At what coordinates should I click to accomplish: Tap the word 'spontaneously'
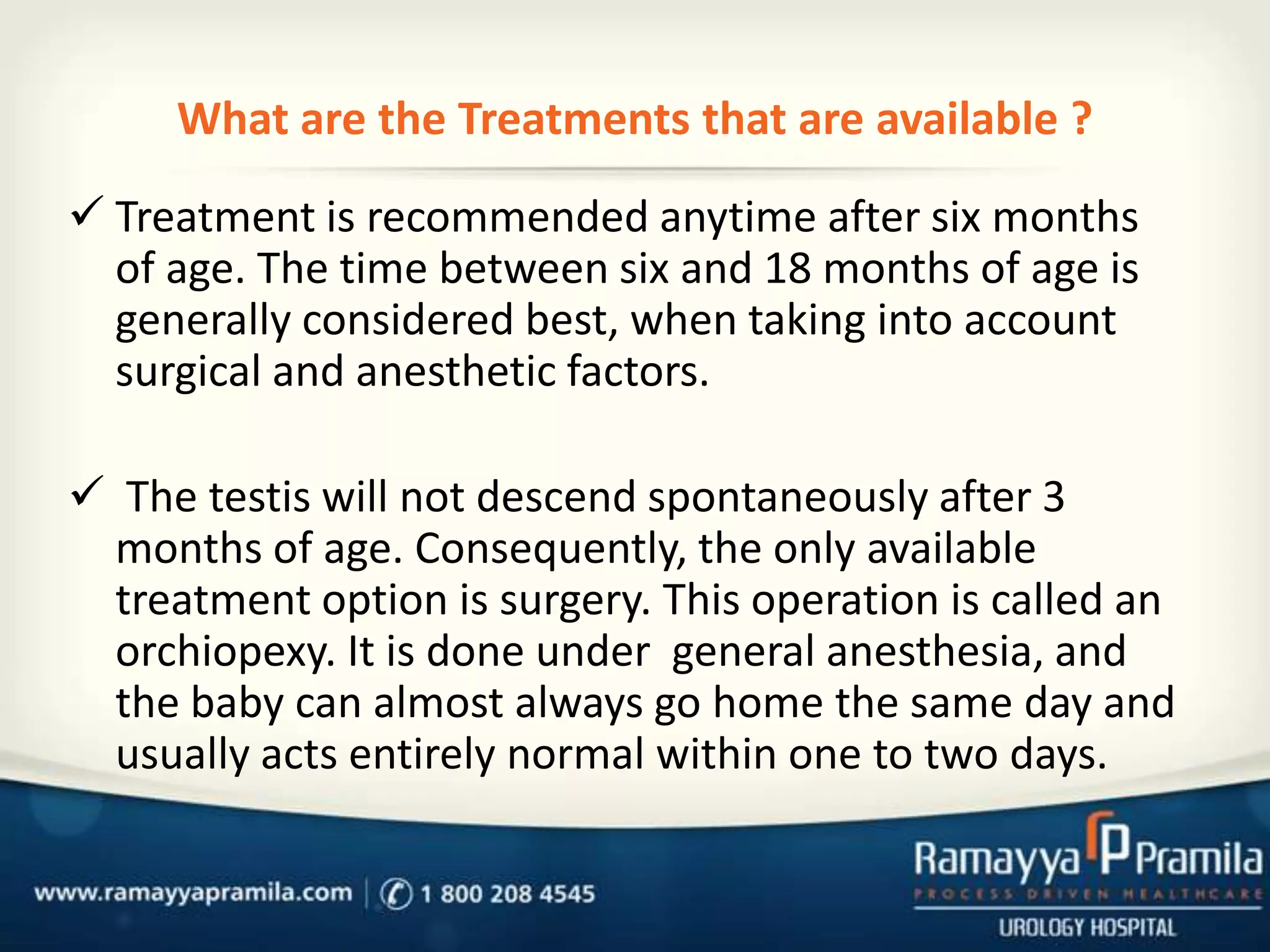pyautogui.click(x=788, y=497)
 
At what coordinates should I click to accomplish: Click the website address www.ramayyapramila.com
pyautogui.click(x=193, y=893)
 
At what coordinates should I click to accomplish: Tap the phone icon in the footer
pyautogui.click(x=396, y=894)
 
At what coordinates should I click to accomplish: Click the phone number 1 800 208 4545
pyautogui.click(x=507, y=894)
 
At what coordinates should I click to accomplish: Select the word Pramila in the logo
pyautogui.click(x=1200, y=860)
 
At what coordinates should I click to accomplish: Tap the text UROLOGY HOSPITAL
pyautogui.click(x=1087, y=928)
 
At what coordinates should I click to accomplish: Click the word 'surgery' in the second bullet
pyautogui.click(x=575, y=601)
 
